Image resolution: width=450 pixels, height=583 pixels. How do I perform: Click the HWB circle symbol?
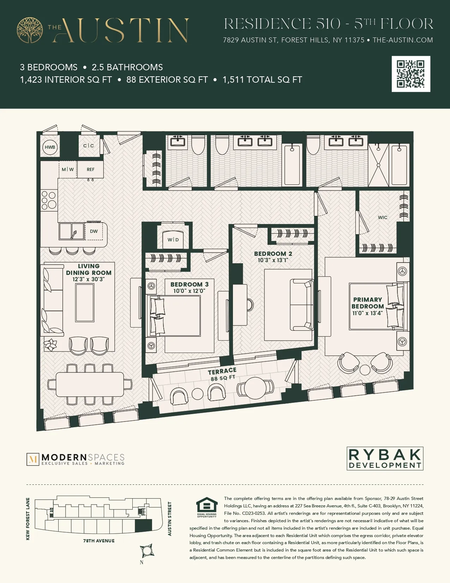[x=50, y=147]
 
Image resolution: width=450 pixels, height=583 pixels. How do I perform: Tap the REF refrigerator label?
[x=91, y=170]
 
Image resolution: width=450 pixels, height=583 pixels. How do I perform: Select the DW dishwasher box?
[x=94, y=231]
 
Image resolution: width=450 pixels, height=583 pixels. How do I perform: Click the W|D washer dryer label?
[x=173, y=240]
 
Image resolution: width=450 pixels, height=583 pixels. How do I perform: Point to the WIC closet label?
[x=383, y=218]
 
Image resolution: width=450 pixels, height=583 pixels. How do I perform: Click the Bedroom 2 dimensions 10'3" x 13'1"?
[x=273, y=260]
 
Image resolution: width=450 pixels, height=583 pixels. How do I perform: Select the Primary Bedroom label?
[x=367, y=303]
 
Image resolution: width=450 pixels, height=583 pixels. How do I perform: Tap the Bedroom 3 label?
[x=190, y=284]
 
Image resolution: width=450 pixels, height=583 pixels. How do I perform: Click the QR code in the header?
[x=411, y=74]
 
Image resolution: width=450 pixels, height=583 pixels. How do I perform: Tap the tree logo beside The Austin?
[x=30, y=30]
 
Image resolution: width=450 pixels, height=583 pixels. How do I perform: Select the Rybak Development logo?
[x=385, y=459]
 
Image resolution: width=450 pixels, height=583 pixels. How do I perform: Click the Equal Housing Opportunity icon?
[x=207, y=506]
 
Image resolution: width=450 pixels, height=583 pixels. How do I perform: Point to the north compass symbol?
[x=147, y=550]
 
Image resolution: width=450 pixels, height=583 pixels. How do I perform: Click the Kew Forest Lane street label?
[x=28, y=519]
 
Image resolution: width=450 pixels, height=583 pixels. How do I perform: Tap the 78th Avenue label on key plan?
[x=99, y=541]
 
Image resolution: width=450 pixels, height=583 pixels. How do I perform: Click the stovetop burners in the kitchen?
[x=49, y=200]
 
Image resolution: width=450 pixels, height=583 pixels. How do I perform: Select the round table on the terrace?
[x=255, y=388]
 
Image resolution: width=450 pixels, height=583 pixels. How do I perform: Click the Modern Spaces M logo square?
[x=33, y=459]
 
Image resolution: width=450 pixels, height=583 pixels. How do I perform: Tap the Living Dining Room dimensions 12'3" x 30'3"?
[x=89, y=279]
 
